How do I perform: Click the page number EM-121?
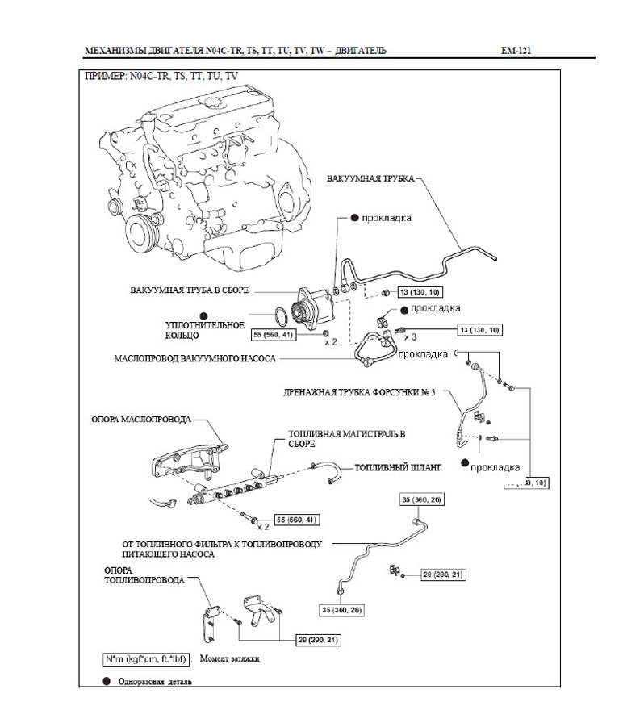coord(515,51)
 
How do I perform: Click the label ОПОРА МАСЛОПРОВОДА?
coord(142,419)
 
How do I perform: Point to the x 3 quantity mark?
coord(410,336)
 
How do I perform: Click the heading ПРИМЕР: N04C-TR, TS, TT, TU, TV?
coord(161,76)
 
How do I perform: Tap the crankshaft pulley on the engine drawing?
coord(146,232)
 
